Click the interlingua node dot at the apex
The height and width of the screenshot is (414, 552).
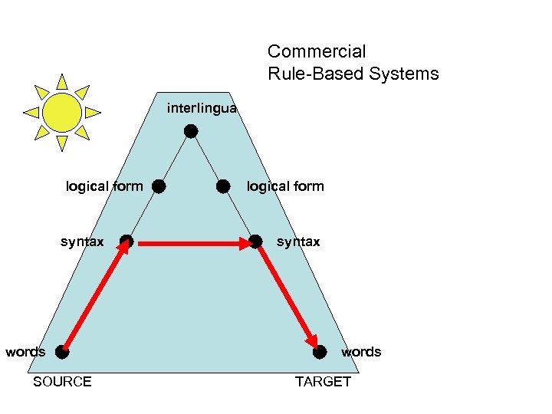tap(191, 131)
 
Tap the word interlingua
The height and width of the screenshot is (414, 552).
tap(202, 109)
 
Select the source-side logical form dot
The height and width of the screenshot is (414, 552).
tap(158, 186)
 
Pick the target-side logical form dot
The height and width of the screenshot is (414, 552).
tap(223, 186)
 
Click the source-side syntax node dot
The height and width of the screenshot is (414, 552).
tap(127, 242)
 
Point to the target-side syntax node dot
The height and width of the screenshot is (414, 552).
tap(255, 242)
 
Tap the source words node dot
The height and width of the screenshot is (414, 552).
tap(61, 353)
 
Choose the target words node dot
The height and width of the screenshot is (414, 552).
tap(320, 352)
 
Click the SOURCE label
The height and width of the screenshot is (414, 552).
tap(62, 382)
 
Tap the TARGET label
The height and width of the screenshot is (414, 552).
tap(323, 382)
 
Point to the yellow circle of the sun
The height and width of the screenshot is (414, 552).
tap(62, 112)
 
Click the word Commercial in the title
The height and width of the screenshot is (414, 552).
tap(317, 52)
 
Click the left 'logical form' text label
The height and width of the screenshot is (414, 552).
tap(104, 186)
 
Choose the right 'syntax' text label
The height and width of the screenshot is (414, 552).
tap(298, 242)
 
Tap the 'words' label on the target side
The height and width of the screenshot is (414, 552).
tap(360, 352)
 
